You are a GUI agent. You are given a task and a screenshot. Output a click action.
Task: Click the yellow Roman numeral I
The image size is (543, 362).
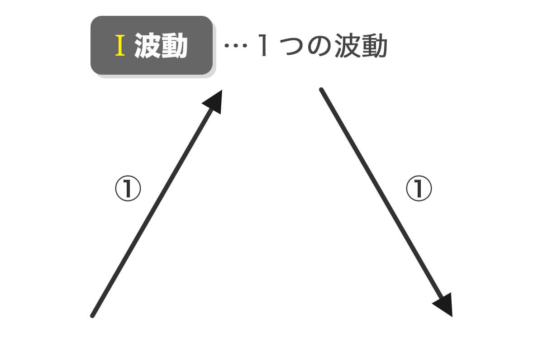point(120,45)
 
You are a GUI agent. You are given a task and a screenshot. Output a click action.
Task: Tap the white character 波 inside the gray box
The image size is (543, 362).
point(147,45)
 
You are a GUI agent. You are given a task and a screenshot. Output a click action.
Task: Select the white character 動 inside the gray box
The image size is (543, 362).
point(174,45)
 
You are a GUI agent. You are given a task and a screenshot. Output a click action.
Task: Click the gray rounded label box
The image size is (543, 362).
point(152,45)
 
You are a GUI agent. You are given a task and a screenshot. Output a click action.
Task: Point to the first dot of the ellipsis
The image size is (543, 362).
point(227,45)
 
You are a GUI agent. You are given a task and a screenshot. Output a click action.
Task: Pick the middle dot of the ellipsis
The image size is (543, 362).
point(236,45)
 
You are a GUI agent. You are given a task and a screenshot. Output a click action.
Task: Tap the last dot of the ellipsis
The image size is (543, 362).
point(245,45)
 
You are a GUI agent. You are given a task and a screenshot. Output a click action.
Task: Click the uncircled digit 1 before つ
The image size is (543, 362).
point(263,45)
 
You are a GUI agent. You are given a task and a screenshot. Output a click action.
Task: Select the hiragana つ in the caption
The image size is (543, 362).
point(292,46)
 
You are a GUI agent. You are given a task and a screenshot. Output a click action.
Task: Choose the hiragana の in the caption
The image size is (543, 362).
point(319,46)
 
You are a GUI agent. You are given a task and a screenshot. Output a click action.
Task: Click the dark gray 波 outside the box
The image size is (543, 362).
point(348,46)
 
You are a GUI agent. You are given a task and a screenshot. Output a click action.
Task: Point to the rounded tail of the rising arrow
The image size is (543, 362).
point(92,316)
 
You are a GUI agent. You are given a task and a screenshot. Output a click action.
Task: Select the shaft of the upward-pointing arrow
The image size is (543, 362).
point(153,210)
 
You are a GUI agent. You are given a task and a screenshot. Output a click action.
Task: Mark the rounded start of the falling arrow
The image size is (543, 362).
point(321,90)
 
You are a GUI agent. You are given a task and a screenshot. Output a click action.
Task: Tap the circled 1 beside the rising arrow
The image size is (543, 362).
point(128,188)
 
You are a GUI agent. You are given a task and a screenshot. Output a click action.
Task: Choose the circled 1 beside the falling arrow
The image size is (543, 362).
point(419,188)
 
